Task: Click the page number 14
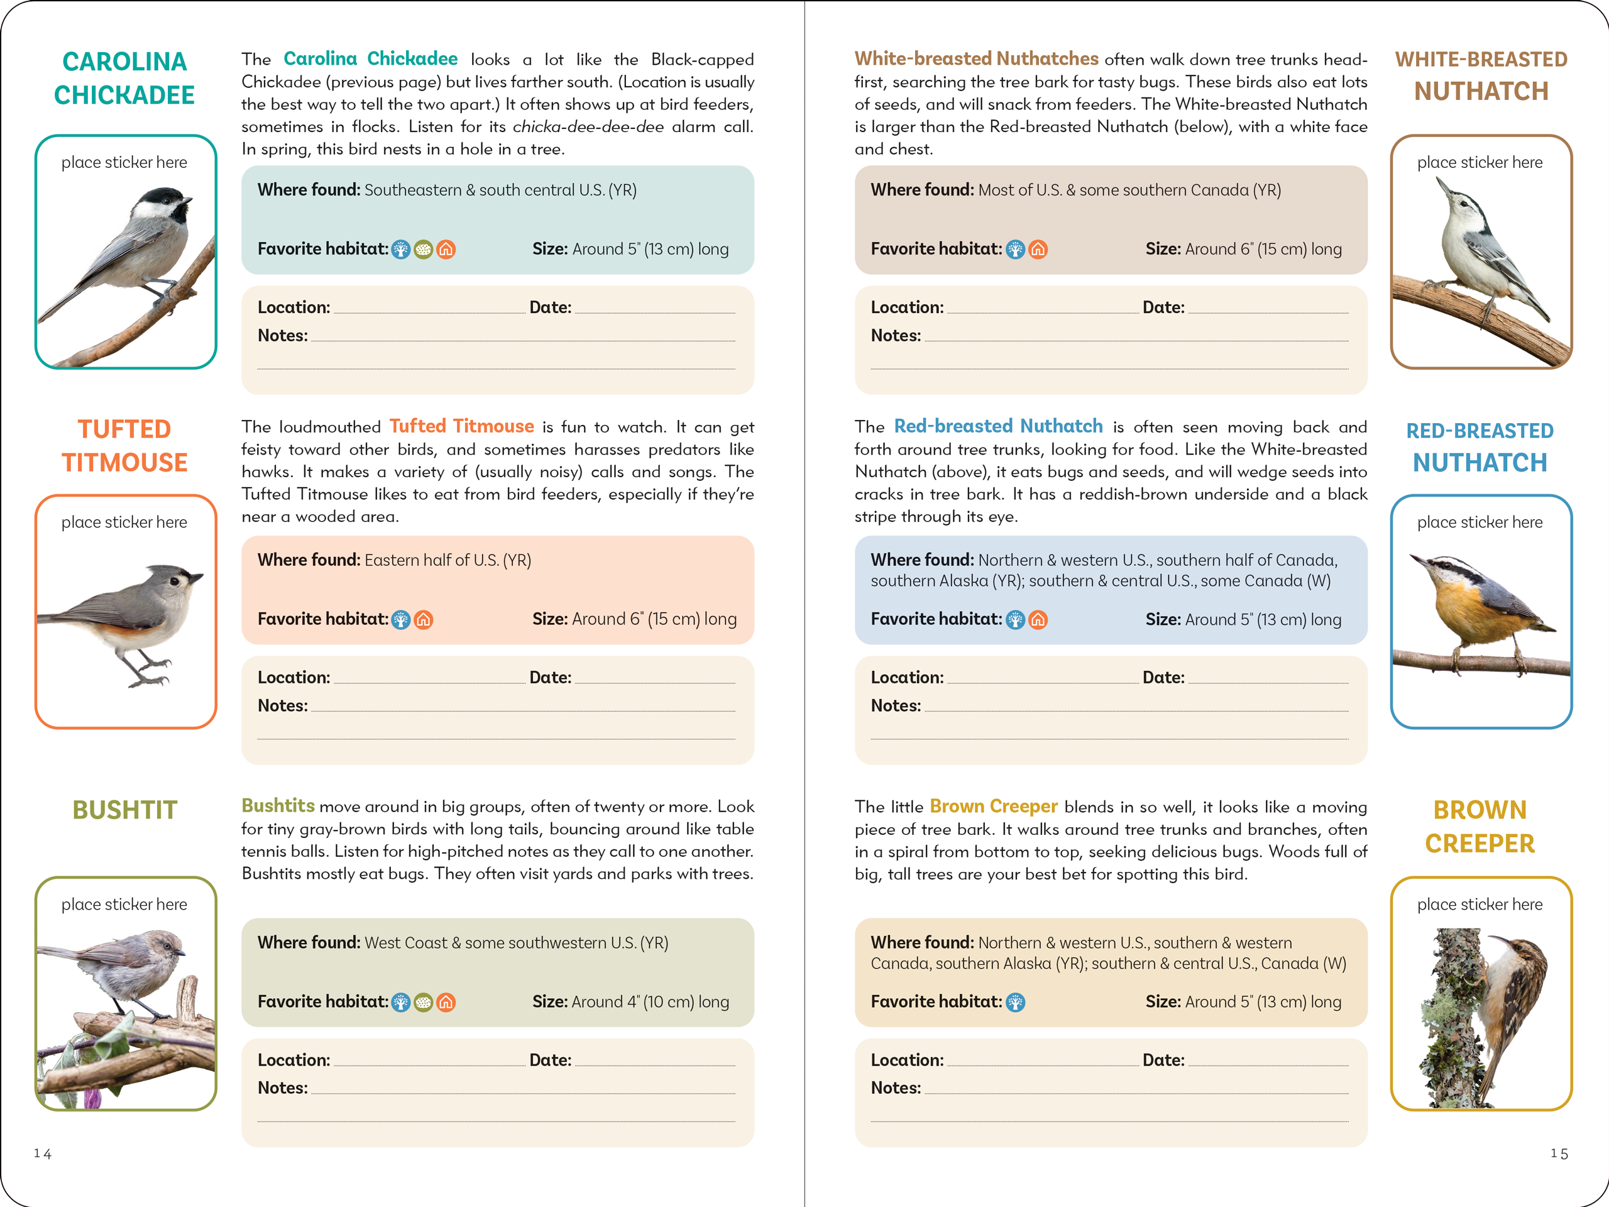click(42, 1153)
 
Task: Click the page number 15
click(1559, 1153)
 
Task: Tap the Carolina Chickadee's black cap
click(162, 196)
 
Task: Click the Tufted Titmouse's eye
click(175, 581)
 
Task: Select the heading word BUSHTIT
click(124, 810)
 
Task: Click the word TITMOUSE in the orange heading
click(124, 463)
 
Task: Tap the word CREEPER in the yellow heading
click(1480, 844)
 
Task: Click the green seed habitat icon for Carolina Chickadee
click(424, 250)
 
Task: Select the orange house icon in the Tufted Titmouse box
click(424, 620)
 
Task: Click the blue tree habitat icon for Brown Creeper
click(1016, 1003)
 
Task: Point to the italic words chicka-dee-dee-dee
click(588, 126)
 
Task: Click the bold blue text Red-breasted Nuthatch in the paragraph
click(998, 426)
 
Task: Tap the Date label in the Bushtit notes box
click(550, 1060)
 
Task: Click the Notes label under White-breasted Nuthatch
click(896, 336)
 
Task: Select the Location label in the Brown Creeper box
click(907, 1060)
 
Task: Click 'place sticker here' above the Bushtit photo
click(124, 905)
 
